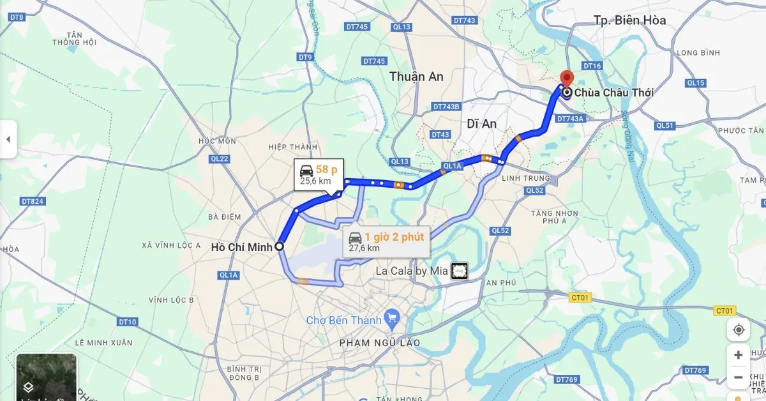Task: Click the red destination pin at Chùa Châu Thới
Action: click(565, 77)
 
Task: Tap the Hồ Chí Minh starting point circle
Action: click(279, 246)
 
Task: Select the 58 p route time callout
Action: click(319, 174)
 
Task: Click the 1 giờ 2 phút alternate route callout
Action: click(386, 242)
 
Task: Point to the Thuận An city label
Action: click(416, 77)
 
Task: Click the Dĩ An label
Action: click(481, 124)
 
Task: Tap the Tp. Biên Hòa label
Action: click(629, 20)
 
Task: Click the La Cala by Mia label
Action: click(412, 271)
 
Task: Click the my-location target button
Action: click(739, 329)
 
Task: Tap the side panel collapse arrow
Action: click(8, 139)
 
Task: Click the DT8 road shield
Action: click(17, 17)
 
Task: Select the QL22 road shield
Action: click(219, 158)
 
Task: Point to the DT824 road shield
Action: click(33, 201)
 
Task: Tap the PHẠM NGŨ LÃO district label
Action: click(379, 343)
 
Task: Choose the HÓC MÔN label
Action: click(213, 141)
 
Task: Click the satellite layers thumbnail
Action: click(46, 377)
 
